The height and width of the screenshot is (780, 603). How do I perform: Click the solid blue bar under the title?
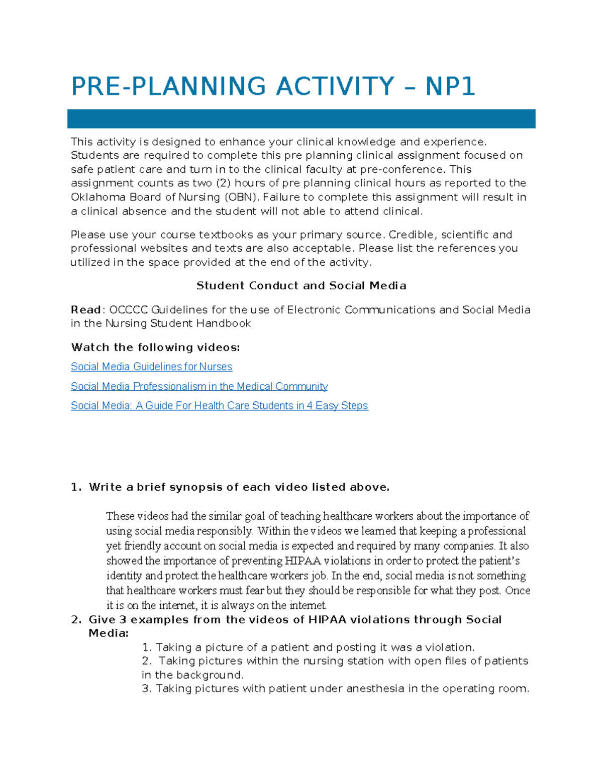(x=301, y=119)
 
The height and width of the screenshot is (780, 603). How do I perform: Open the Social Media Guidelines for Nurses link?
(x=151, y=367)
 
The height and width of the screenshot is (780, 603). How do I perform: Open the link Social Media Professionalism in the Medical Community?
(x=199, y=386)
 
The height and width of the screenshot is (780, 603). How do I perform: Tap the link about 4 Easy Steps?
(x=219, y=405)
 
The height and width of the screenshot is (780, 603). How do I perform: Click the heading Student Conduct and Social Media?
(x=301, y=286)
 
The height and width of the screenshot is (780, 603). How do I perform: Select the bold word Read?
(x=86, y=310)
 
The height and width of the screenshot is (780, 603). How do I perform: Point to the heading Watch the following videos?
(x=155, y=348)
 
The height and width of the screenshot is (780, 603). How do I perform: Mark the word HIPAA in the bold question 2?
(x=327, y=620)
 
